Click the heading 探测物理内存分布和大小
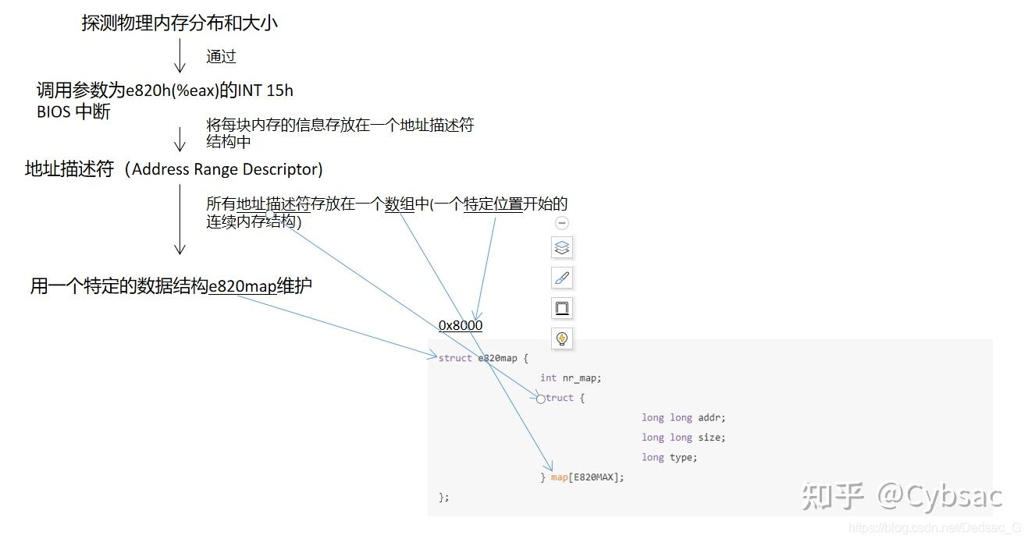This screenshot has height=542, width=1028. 180,23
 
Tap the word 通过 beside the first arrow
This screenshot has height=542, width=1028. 221,56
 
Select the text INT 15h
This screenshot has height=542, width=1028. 265,90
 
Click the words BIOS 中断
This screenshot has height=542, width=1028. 73,112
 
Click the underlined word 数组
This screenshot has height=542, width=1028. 400,204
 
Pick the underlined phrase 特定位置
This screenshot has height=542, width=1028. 493,204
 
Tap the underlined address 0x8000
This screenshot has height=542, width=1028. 461,325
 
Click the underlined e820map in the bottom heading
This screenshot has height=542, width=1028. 242,286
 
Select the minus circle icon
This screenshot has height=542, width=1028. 562,223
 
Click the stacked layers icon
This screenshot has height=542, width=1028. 562,248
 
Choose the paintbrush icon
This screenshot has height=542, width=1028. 562,278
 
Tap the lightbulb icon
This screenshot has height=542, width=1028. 562,338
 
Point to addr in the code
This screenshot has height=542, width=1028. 709,417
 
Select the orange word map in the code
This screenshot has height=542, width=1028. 560,477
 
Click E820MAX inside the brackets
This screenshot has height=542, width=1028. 593,477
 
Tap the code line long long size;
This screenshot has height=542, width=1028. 683,437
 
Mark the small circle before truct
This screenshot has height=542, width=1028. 541,399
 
